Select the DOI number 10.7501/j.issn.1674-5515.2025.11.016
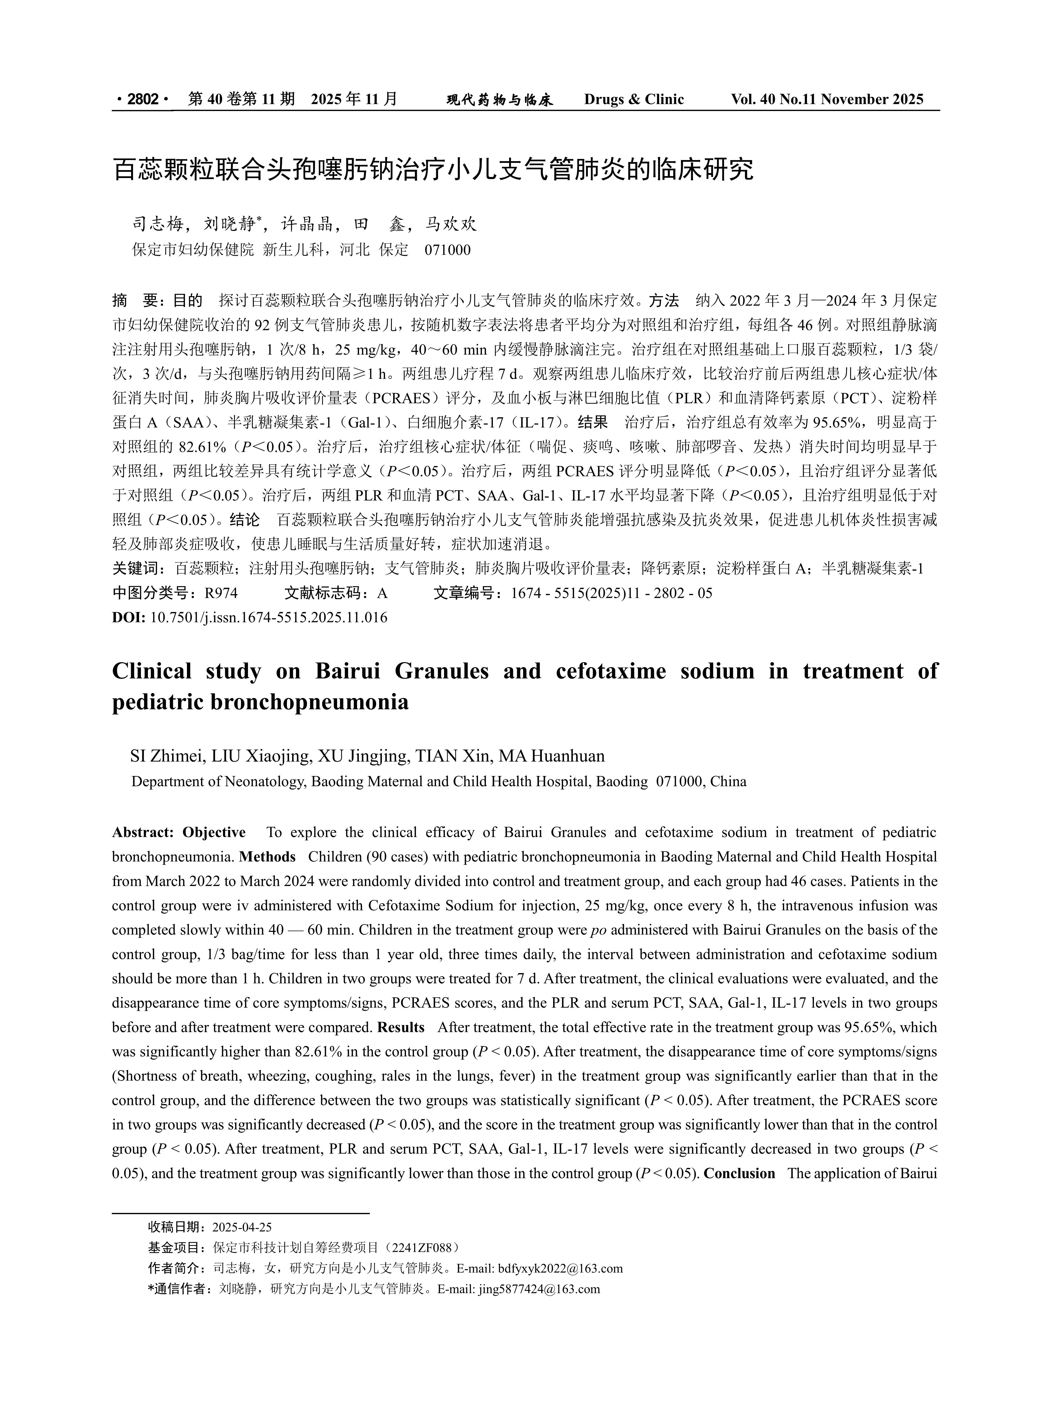(x=268, y=617)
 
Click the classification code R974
(x=221, y=593)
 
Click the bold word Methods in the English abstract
(x=267, y=857)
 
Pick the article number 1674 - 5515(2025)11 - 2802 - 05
(x=611, y=593)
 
